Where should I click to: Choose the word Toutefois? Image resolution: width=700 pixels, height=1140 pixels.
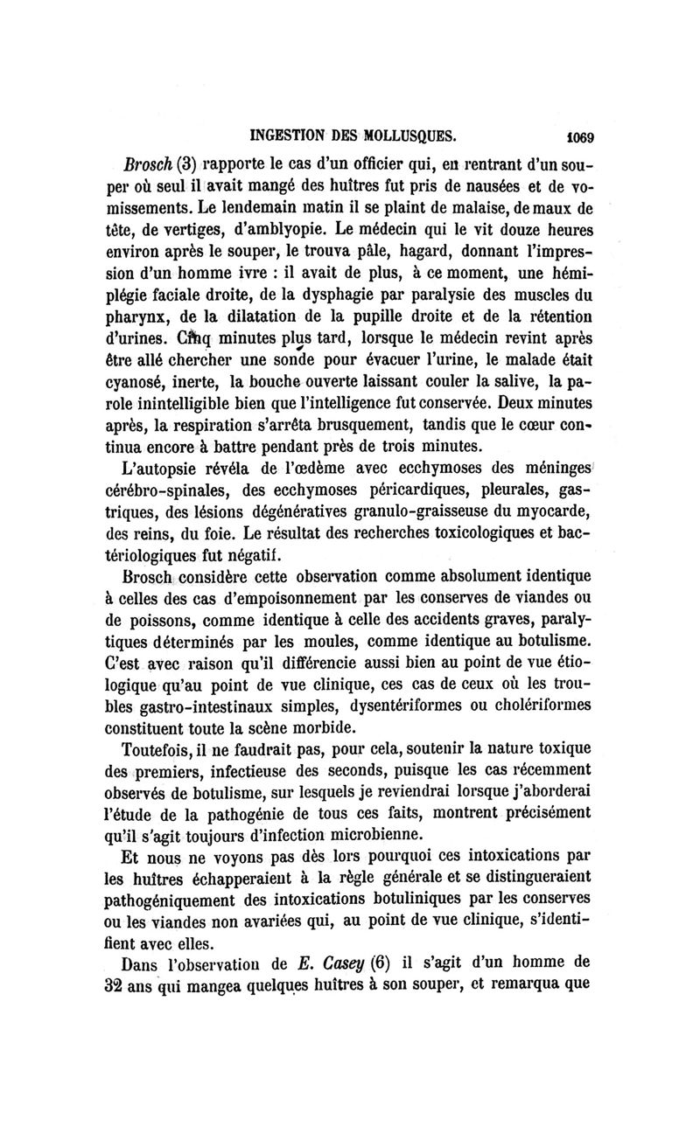point(167,748)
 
